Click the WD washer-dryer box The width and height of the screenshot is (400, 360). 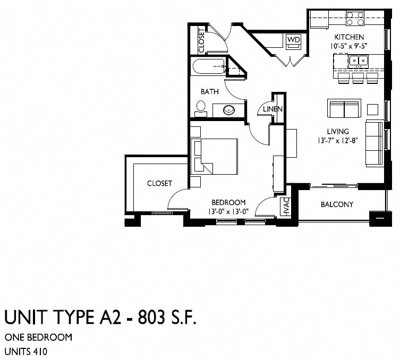[293, 40]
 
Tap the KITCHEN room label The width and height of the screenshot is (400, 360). [348, 37]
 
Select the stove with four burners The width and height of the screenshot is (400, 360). [356, 19]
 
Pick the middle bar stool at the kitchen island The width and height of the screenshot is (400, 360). [357, 78]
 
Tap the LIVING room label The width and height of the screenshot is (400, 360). [337, 132]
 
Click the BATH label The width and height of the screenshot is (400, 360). [209, 91]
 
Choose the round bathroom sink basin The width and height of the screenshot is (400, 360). [228, 111]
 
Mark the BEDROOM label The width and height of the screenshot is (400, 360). [228, 202]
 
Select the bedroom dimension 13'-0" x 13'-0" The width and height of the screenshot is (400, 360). [228, 211]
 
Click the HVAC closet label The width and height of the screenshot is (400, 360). [285, 206]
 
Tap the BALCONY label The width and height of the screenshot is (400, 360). [337, 204]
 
